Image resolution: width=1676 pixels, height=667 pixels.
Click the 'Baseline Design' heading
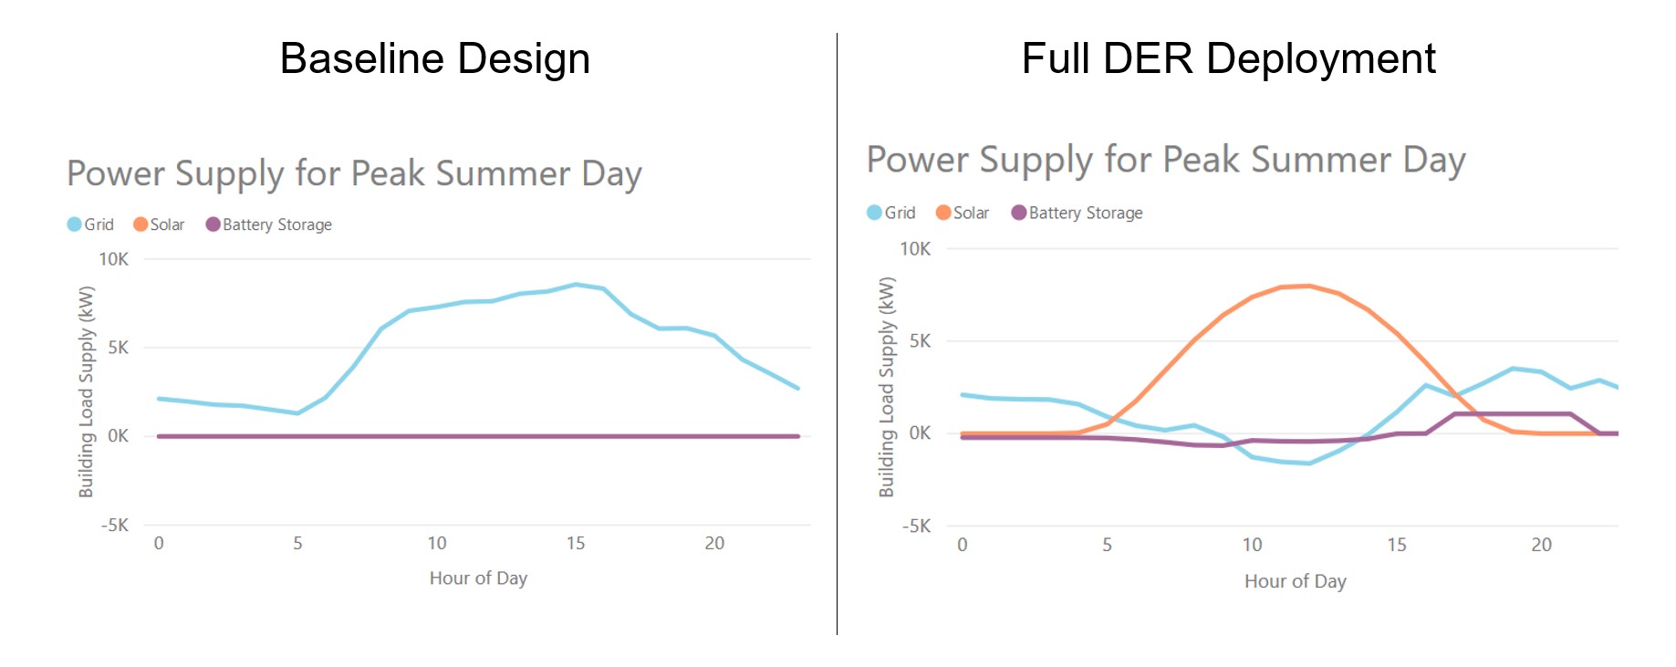click(x=434, y=58)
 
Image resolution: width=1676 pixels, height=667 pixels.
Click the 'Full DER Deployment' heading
click(x=1228, y=58)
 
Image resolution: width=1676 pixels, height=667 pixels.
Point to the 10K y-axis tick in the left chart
click(x=114, y=259)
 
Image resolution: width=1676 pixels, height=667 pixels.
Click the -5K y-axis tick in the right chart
click(x=916, y=526)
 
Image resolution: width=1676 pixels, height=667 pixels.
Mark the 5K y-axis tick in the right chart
click(x=920, y=341)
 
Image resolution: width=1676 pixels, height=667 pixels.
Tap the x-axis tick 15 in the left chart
click(x=576, y=544)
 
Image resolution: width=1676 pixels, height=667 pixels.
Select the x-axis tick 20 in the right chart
click(x=1541, y=545)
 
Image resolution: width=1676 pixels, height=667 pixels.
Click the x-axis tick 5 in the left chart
click(x=297, y=544)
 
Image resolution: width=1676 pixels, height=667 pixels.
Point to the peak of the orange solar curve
click(x=1309, y=286)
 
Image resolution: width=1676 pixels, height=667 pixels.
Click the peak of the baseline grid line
click(x=576, y=285)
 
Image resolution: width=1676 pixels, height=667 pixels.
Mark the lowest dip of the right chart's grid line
click(x=1309, y=464)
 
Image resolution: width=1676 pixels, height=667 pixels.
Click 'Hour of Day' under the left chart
click(x=478, y=578)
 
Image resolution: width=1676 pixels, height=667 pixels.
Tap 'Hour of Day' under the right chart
click(x=1295, y=581)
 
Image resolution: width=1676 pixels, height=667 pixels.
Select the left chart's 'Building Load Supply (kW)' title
click(x=87, y=392)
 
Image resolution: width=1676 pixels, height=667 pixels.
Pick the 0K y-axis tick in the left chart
click(x=118, y=436)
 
